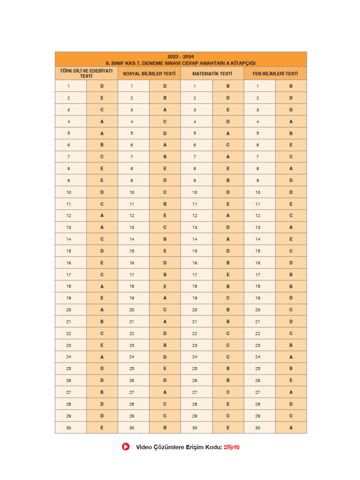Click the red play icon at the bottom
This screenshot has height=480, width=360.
tap(126, 447)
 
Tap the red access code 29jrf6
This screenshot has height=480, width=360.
tap(232, 447)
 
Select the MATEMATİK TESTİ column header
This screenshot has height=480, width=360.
tap(212, 74)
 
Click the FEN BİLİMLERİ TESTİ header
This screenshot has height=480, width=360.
tap(275, 74)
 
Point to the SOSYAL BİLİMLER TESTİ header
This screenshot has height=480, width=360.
tap(149, 74)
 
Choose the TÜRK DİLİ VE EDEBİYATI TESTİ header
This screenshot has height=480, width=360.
tap(86, 73)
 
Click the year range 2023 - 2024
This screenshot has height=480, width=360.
tap(180, 57)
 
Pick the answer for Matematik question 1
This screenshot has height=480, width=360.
tap(228, 86)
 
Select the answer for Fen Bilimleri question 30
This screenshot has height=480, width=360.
tap(291, 427)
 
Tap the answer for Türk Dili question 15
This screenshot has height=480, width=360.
tap(102, 251)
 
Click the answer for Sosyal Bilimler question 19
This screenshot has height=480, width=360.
tap(165, 298)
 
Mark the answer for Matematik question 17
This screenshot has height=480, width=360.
tap(228, 275)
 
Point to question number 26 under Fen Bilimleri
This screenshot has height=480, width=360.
tap(258, 381)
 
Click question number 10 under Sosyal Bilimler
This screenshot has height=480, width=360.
tap(132, 192)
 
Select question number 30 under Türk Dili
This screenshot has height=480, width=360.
tap(69, 427)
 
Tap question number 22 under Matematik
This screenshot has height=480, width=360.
tap(195, 333)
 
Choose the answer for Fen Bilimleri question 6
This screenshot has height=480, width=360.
tap(291, 145)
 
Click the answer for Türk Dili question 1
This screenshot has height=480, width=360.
tap(102, 86)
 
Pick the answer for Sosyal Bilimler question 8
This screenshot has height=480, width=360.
tap(165, 168)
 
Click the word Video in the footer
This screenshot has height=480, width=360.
tap(143, 447)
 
